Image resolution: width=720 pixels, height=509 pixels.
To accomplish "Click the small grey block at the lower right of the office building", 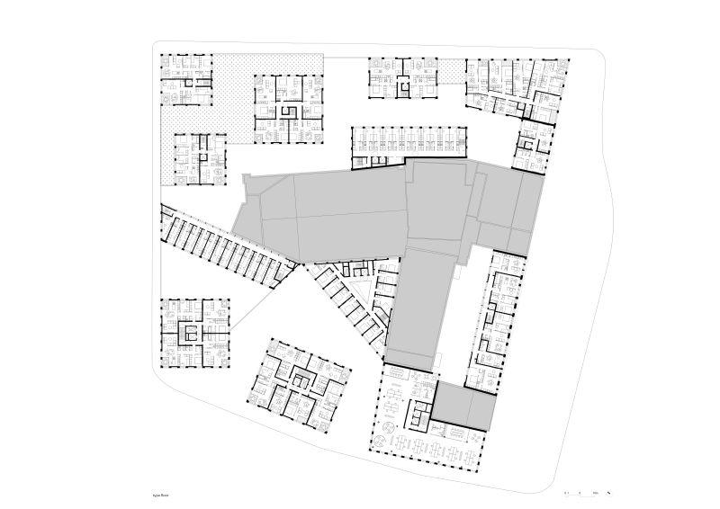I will pyautogui.click(x=464, y=405).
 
